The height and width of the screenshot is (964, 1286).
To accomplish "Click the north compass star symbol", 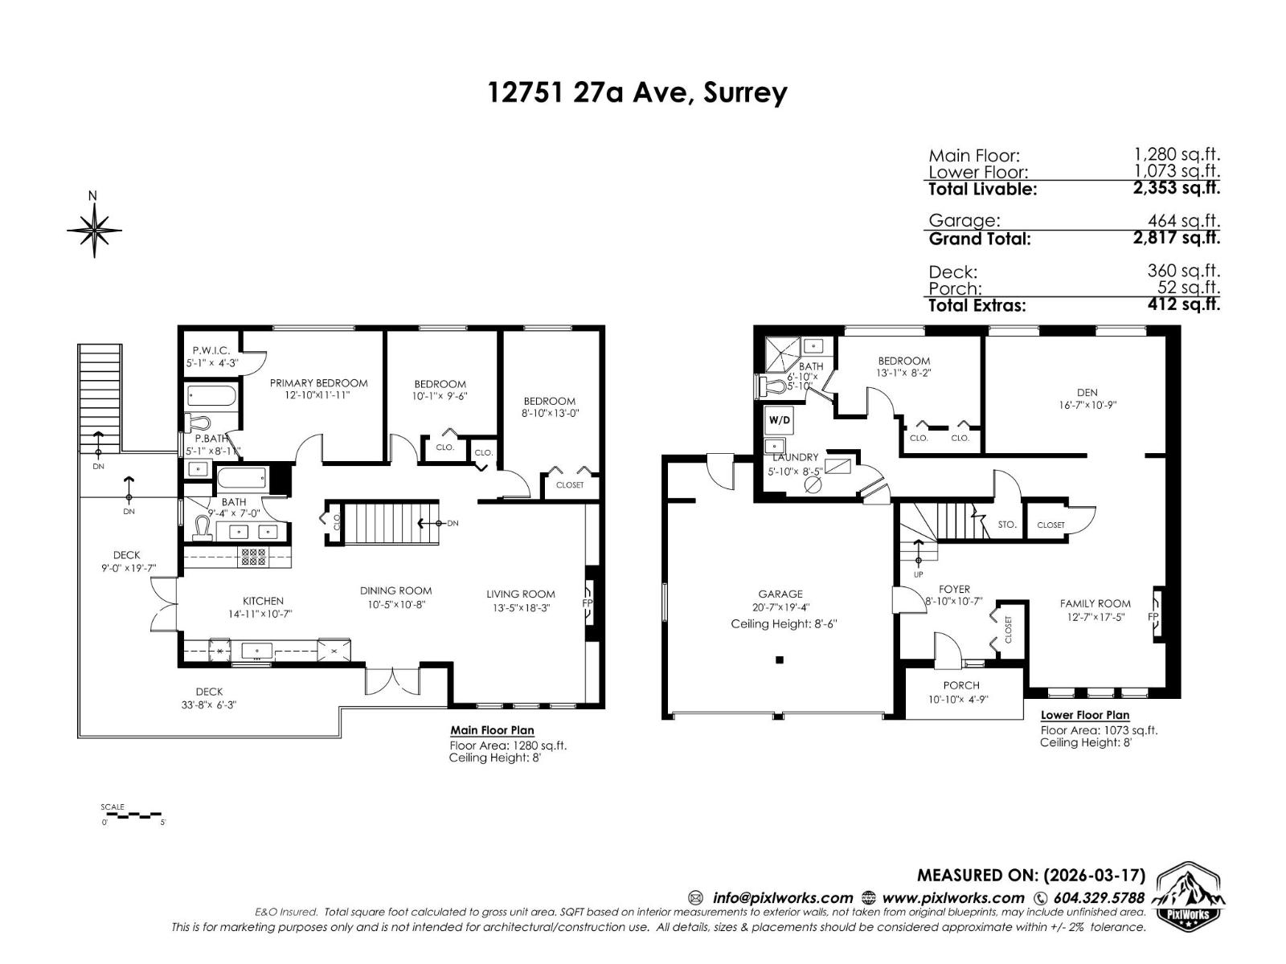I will pyautogui.click(x=94, y=231).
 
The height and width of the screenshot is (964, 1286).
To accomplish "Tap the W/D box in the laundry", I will pyautogui.click(x=778, y=419).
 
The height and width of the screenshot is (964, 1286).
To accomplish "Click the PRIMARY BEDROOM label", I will pyautogui.click(x=318, y=383).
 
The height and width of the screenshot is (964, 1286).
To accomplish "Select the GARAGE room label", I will pyautogui.click(x=779, y=594).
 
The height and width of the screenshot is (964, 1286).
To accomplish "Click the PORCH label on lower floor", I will pyautogui.click(x=961, y=685).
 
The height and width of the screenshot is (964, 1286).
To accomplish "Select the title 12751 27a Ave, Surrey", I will pyautogui.click(x=637, y=92).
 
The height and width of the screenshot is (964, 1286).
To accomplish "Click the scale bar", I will pyautogui.click(x=133, y=815).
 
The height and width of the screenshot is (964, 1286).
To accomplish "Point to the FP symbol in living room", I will pyautogui.click(x=588, y=602).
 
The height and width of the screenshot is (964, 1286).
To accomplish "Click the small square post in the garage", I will pyautogui.click(x=779, y=660).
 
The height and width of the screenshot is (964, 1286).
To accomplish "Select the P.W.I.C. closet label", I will pyautogui.click(x=211, y=350).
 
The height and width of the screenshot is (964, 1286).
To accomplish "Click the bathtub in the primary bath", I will pyautogui.click(x=211, y=396).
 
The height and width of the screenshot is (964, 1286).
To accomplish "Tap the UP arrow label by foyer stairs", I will pyautogui.click(x=918, y=574).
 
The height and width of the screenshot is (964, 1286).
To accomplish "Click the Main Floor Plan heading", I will pyautogui.click(x=492, y=730).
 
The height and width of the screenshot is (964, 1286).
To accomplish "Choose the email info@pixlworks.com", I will pyautogui.click(x=781, y=898).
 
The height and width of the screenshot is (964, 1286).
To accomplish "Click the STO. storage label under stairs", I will pyautogui.click(x=1006, y=525).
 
